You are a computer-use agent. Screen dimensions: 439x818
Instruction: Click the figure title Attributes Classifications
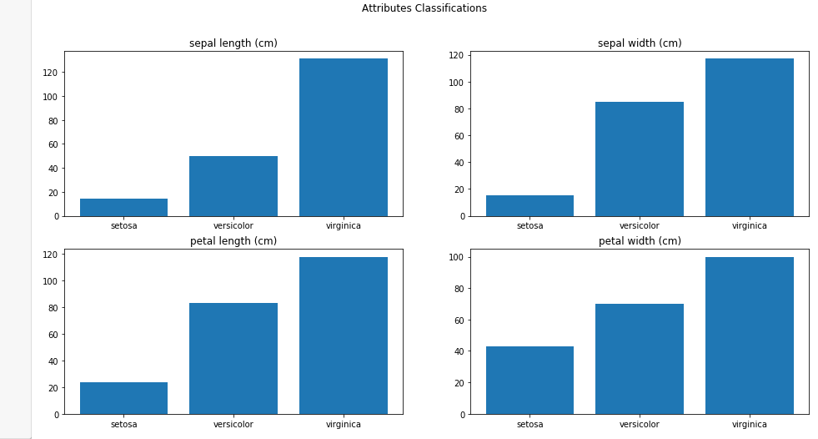(x=424, y=8)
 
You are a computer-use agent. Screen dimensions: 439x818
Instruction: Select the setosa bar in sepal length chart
(x=123, y=207)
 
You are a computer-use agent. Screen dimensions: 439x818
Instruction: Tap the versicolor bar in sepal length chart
(x=233, y=186)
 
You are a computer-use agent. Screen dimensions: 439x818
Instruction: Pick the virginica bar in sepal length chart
(x=343, y=137)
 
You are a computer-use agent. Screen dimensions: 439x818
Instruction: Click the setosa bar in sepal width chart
(x=529, y=206)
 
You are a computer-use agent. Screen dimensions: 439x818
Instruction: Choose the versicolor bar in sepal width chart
(x=640, y=159)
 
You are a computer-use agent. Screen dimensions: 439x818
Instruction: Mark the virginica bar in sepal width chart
(x=749, y=137)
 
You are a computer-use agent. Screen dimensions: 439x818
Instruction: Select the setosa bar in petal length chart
(x=123, y=398)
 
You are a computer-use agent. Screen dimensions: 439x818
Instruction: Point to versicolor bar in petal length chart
(x=233, y=359)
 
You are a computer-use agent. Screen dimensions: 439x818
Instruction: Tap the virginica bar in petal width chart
(x=749, y=336)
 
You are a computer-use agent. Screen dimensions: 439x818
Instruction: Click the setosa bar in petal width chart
(x=529, y=381)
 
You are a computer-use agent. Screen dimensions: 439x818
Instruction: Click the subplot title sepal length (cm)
(x=233, y=43)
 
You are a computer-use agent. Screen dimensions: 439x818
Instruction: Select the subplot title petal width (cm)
(x=640, y=241)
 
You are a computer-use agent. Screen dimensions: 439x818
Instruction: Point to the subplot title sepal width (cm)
(x=640, y=43)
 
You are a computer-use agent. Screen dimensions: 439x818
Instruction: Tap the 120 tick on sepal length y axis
(x=51, y=73)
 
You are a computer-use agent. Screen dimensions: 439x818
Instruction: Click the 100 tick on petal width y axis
(x=457, y=257)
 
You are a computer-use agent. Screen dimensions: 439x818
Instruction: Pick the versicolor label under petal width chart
(x=640, y=424)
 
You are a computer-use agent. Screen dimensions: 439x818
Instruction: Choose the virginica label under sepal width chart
(x=749, y=225)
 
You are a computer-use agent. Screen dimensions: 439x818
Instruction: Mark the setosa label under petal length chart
(x=123, y=424)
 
